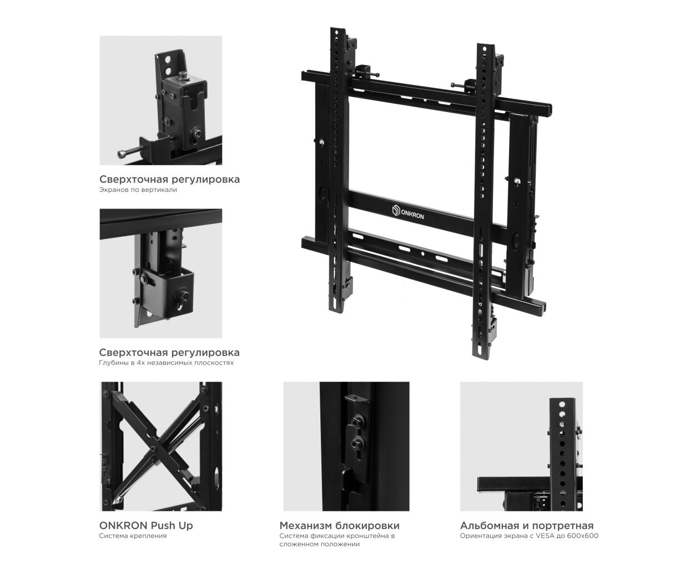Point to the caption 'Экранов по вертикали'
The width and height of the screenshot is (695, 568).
[138, 190]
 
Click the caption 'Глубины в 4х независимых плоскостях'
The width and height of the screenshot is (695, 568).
[167, 363]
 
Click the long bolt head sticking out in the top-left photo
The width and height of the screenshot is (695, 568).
[122, 154]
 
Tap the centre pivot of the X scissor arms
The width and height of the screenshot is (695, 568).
[153, 448]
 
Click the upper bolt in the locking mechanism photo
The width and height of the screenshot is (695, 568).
[356, 421]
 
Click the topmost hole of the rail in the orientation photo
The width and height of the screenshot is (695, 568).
[562, 404]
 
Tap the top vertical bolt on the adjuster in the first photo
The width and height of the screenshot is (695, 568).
[182, 75]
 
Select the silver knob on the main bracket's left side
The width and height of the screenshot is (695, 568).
[321, 142]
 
